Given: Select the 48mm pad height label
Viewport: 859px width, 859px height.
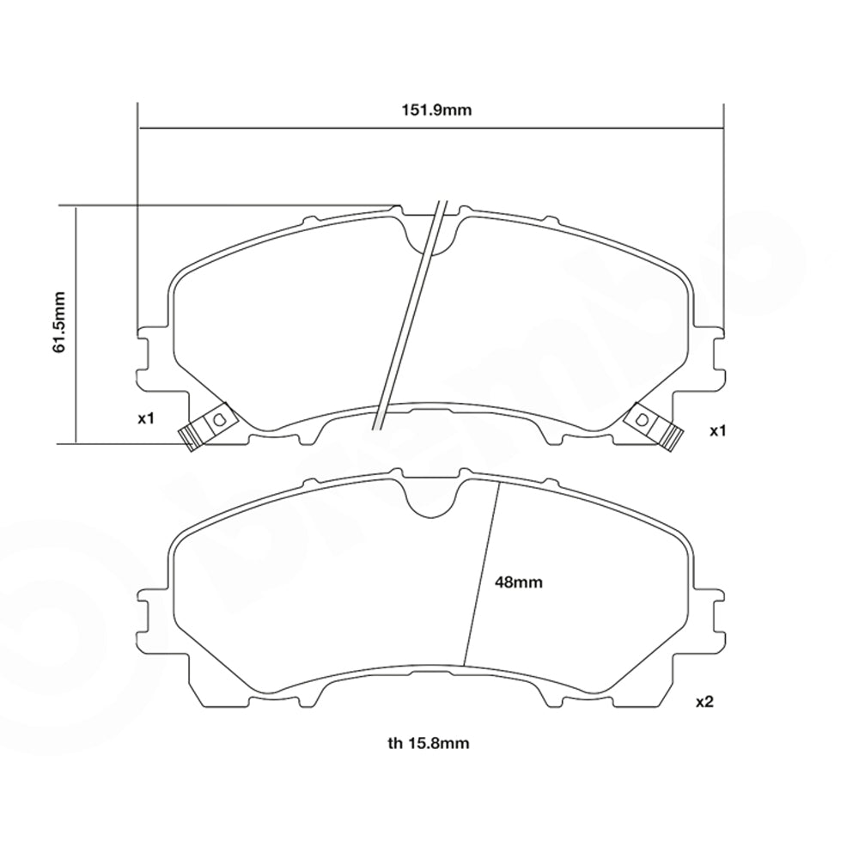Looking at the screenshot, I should (x=519, y=582).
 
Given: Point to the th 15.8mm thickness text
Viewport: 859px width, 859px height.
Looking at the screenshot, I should (x=428, y=743).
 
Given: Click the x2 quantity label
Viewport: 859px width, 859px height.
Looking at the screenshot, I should (x=704, y=702).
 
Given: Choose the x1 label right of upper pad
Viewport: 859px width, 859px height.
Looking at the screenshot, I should (x=718, y=430).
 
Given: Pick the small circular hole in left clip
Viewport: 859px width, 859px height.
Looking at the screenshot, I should (x=217, y=419).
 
